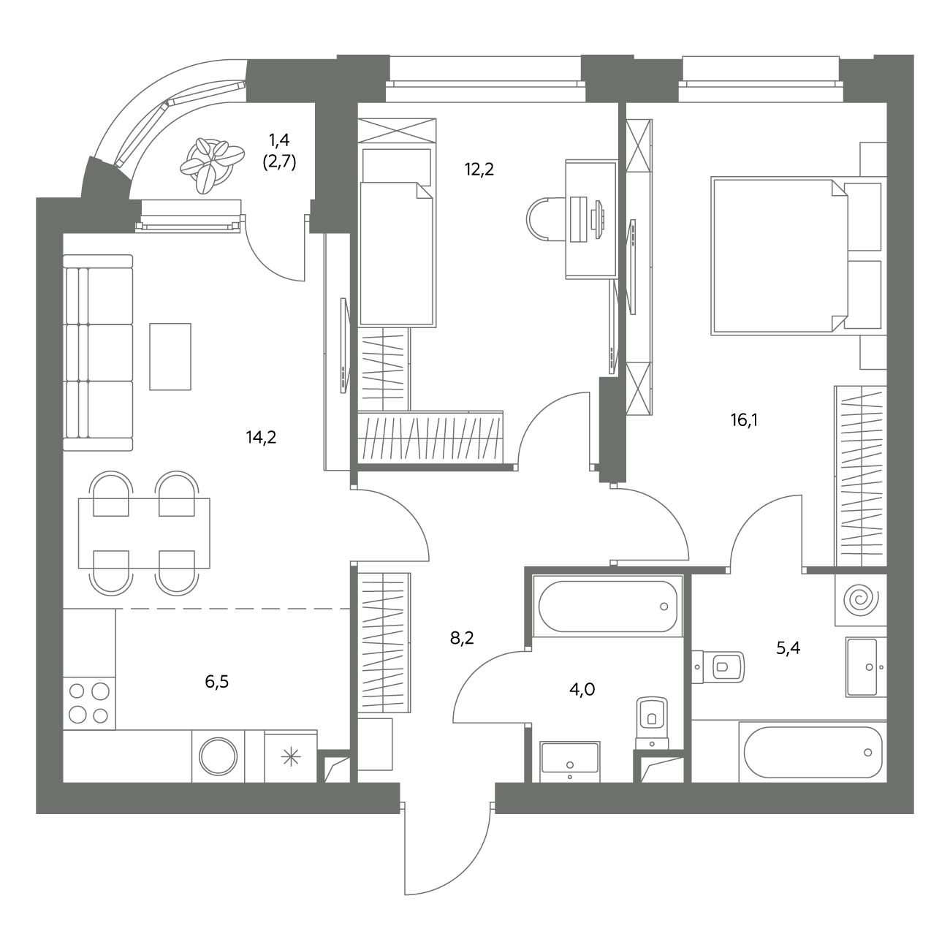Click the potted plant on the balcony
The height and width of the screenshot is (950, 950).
click(211, 164)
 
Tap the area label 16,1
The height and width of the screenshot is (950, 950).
click(744, 420)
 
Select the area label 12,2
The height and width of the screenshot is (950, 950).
click(479, 170)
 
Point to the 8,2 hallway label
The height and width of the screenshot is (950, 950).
click(462, 639)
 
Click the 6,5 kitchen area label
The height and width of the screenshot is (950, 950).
click(217, 682)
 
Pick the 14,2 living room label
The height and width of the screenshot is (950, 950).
click(262, 437)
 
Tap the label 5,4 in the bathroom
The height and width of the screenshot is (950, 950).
click(788, 647)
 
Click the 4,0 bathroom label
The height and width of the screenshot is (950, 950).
click(582, 689)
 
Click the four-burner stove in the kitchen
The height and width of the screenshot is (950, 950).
click(89, 703)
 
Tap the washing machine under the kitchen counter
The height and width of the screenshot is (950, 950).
click(218, 756)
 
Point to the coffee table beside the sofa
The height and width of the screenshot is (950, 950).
click(170, 357)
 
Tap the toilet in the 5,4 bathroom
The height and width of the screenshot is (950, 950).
click(718, 667)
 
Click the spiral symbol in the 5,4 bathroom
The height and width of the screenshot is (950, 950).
click(861, 599)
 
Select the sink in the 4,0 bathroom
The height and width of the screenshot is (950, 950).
click(570, 761)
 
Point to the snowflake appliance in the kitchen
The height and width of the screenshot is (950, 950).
click(291, 756)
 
